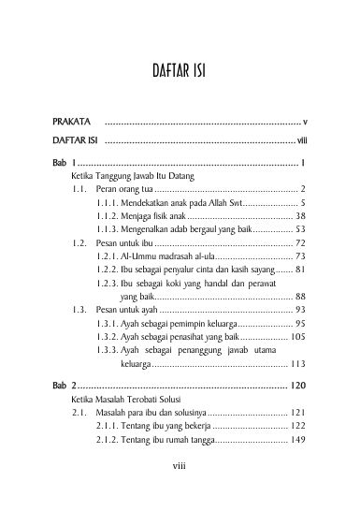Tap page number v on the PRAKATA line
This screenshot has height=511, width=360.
pyautogui.click(x=305, y=123)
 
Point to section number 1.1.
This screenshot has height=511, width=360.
pyautogui.click(x=79, y=188)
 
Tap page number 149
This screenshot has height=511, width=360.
pyautogui.click(x=298, y=437)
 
